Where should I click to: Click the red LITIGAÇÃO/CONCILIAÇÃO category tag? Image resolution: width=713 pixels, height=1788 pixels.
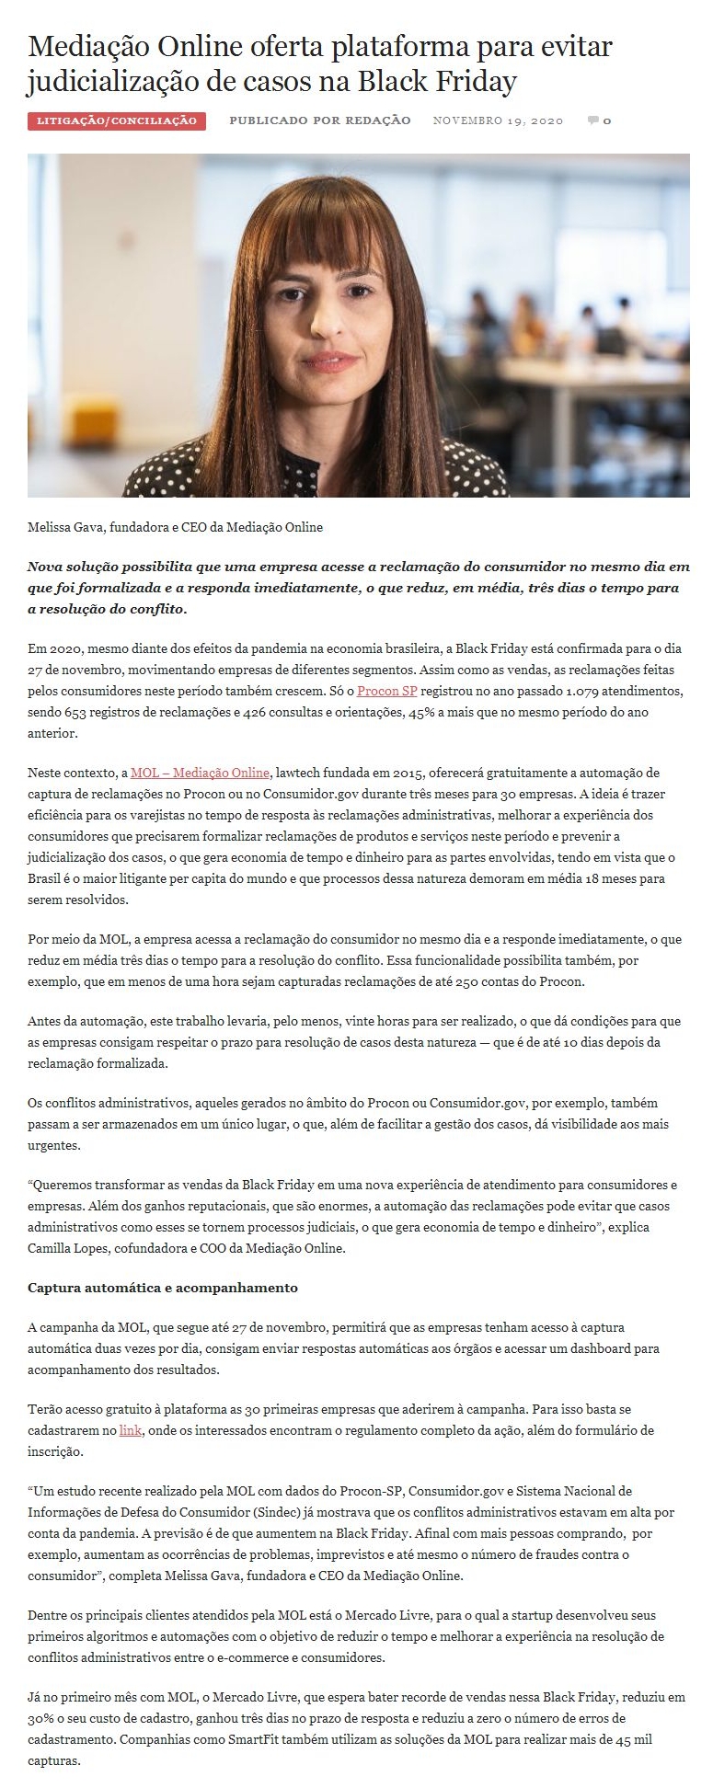(117, 120)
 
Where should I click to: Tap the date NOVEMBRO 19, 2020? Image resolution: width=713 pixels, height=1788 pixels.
(498, 120)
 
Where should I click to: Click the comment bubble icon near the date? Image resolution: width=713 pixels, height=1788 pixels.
(593, 120)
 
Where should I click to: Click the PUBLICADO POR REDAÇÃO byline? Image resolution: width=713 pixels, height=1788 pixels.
(319, 120)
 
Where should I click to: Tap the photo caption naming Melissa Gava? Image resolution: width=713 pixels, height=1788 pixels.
(175, 527)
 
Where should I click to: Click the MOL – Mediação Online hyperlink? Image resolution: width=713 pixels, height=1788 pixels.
(200, 773)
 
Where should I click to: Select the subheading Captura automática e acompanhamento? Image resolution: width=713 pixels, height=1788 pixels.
(163, 1288)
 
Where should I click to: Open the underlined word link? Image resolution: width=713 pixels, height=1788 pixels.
(130, 1431)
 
